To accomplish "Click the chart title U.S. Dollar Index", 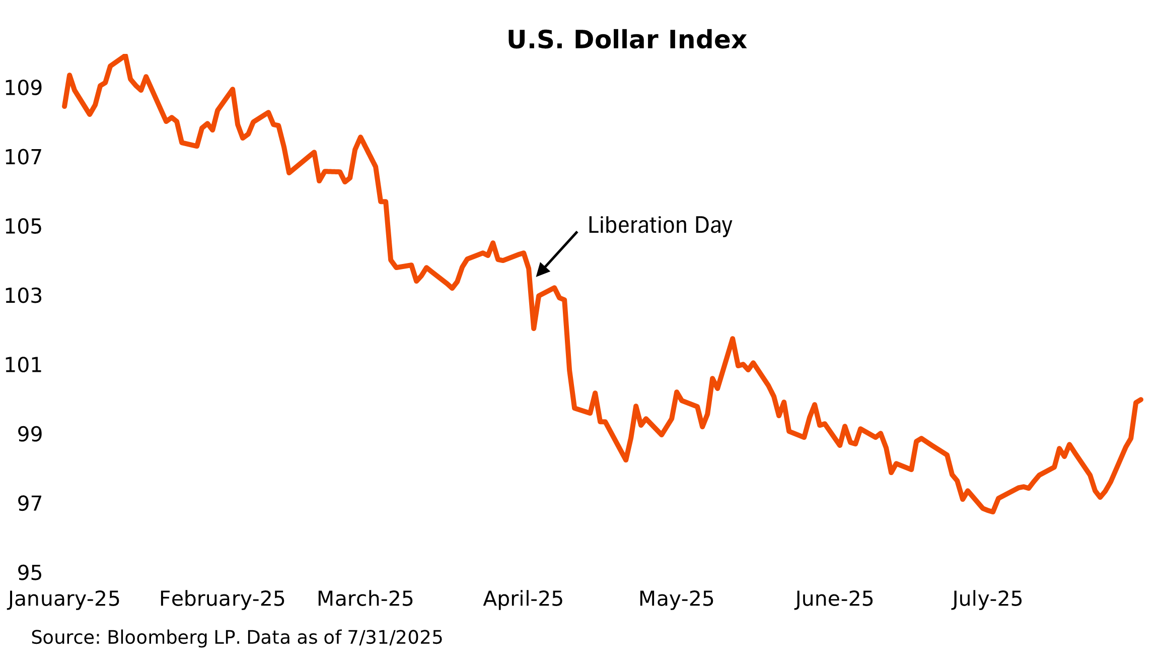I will (626, 40).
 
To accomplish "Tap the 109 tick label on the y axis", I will (23, 88).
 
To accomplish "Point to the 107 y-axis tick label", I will (23, 158).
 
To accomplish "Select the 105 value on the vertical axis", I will (23, 227).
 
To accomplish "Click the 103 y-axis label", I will (23, 296).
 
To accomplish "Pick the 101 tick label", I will (23, 365).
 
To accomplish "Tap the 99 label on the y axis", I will (30, 434).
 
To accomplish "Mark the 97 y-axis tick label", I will (30, 503).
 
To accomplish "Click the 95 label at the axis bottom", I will (30, 573).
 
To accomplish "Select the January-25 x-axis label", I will (64, 599).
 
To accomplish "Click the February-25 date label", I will (222, 599).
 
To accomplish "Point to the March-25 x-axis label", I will (365, 599).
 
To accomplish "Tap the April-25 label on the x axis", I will (523, 599).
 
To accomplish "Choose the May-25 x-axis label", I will (676, 599).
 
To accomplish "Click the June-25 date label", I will (834, 599).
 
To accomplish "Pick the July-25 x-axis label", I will (987, 599).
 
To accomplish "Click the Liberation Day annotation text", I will (660, 225).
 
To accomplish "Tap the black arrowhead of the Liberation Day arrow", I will (541, 271).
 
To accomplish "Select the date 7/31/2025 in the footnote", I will (395, 638).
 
